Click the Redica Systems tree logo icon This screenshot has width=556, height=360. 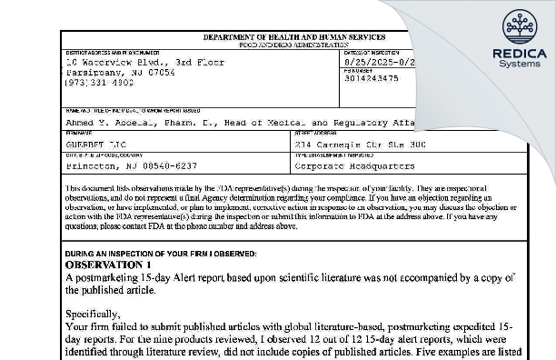pyautogui.click(x=519, y=25)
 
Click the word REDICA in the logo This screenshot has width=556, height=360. pyautogui.click(x=519, y=54)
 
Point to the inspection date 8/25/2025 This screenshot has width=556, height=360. pyautogui.click(x=368, y=63)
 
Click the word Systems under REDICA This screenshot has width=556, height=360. pyautogui.click(x=519, y=65)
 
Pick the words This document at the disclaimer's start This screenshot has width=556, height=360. pyautogui.click(x=93, y=185)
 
